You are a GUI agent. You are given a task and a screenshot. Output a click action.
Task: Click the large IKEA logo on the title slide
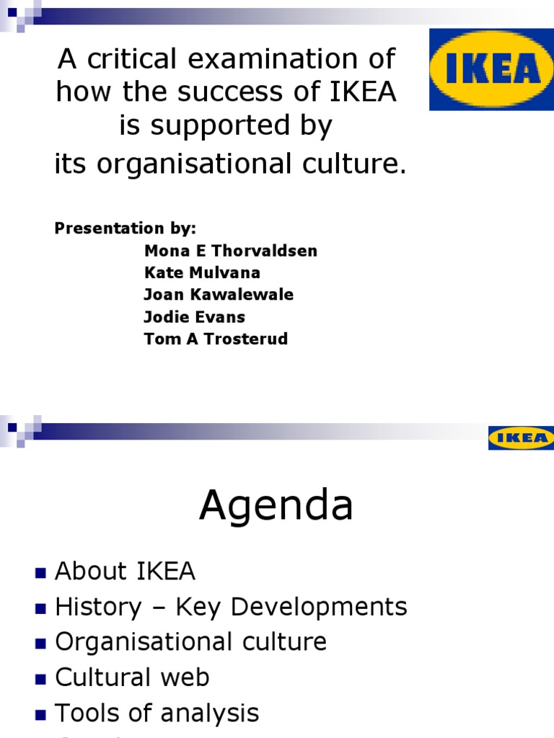point(491,69)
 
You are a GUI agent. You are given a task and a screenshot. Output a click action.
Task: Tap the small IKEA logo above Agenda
point(521,437)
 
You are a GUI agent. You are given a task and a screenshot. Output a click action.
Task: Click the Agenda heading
point(276,506)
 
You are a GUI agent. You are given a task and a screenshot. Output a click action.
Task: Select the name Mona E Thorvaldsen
point(230,251)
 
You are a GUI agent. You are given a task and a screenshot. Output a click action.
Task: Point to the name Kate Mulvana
point(202,273)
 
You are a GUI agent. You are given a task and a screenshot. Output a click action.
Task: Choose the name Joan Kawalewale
point(219,295)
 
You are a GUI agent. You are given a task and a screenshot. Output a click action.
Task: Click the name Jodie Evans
point(194,317)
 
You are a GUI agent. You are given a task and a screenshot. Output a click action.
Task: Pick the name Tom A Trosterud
point(216,339)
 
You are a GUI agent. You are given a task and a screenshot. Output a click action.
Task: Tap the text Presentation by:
point(126,228)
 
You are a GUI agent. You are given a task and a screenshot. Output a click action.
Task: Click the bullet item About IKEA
point(126,572)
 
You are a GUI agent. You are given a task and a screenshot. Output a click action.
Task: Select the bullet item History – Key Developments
point(231,607)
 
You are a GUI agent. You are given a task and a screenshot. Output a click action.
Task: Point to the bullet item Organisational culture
point(190,642)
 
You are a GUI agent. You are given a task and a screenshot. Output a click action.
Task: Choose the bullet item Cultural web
point(132,677)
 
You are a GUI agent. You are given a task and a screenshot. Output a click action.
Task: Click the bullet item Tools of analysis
point(157,713)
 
